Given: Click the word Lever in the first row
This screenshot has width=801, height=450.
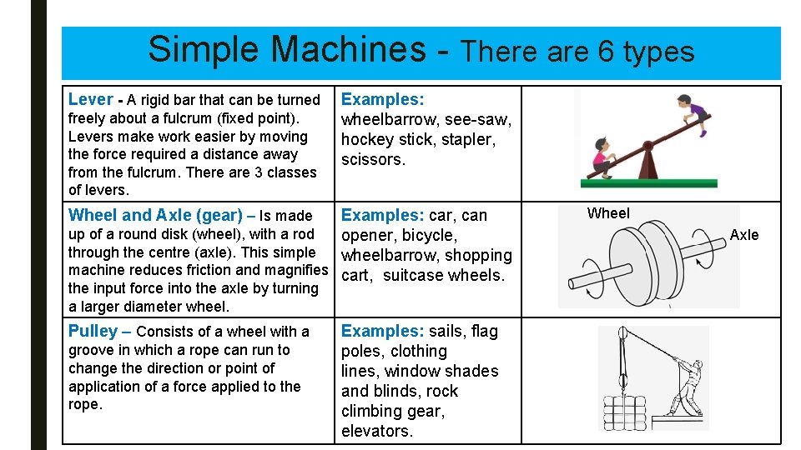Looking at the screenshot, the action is (89, 99).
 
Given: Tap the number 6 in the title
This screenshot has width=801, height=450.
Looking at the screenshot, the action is (607, 52).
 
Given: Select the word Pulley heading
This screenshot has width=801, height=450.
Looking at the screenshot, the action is (94, 331).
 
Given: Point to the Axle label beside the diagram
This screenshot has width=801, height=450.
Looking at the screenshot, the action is (743, 235).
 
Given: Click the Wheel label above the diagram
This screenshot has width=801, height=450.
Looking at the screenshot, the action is (608, 213).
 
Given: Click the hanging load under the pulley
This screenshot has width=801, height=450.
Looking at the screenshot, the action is (626, 408).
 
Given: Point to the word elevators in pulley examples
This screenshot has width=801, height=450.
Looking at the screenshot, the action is (377, 431).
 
